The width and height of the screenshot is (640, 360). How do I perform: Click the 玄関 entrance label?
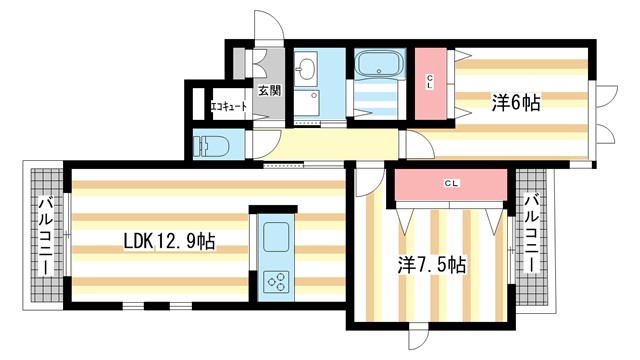point(269,91)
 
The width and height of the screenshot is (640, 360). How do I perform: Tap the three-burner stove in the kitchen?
point(275,280)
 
